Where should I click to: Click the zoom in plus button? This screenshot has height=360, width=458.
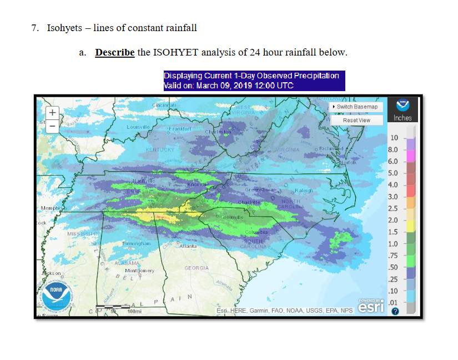(x=52, y=112)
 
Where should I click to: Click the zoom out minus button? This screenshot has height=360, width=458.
(x=52, y=125)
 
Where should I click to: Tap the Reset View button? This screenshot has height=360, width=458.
(x=356, y=120)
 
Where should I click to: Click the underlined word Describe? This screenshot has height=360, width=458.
(x=115, y=53)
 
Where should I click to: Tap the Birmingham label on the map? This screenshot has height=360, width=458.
(x=137, y=244)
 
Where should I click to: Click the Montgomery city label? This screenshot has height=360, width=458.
(x=139, y=270)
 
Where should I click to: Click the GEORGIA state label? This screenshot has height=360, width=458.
(x=197, y=268)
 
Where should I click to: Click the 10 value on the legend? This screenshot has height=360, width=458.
(x=394, y=138)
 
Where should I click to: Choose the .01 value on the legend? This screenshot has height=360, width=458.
(x=394, y=302)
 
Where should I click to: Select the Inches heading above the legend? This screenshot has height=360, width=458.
(x=402, y=118)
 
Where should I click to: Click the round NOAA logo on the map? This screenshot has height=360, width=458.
(x=58, y=297)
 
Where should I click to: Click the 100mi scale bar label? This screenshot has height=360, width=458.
(x=134, y=311)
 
